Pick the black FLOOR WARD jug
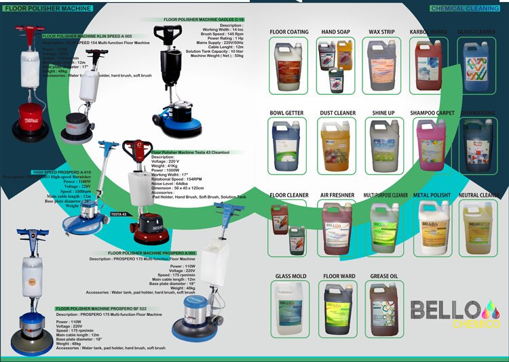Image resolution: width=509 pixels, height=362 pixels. coord(339,308)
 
